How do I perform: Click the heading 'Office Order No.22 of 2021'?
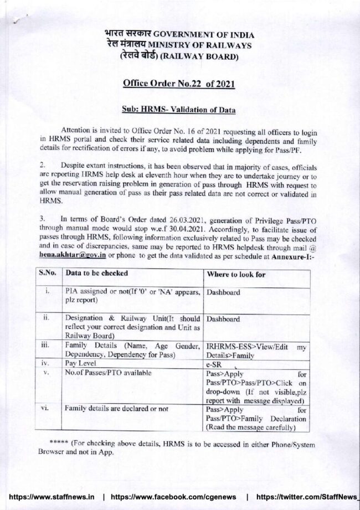[x=179, y=84]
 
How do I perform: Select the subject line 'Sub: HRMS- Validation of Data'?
[x=179, y=109]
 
